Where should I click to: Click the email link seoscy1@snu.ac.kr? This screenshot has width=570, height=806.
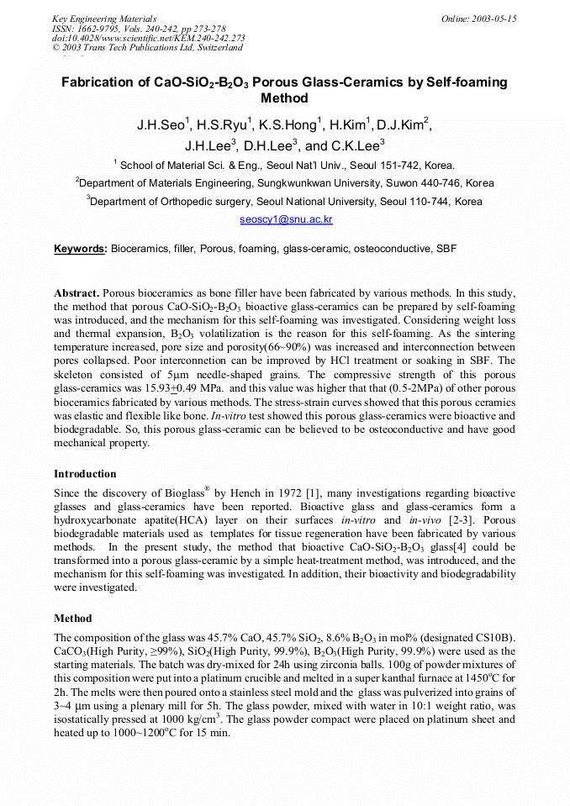pos(286,219)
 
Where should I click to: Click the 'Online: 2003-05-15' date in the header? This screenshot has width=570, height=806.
pos(479,18)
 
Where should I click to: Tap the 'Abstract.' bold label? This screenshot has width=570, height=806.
pos(77,294)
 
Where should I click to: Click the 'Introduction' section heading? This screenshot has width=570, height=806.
pos(85,474)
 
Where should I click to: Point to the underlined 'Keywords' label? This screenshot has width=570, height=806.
pos(80,249)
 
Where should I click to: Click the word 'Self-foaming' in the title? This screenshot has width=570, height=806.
pos(467,82)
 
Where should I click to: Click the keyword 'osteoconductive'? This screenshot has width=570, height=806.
pos(391,249)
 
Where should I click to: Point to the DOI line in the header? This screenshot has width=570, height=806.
pos(148,38)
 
